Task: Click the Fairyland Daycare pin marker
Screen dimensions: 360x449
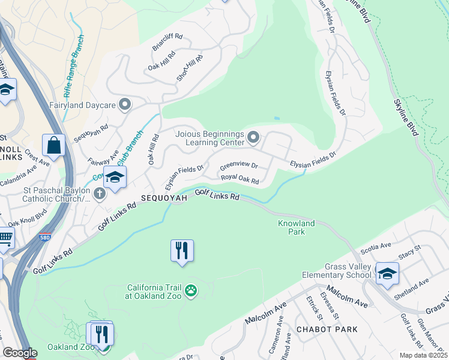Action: (x=125, y=106)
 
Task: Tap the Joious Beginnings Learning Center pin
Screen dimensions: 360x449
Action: (x=253, y=139)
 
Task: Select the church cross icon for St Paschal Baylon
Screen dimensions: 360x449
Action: (x=100, y=193)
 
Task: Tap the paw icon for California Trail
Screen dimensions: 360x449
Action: (x=191, y=291)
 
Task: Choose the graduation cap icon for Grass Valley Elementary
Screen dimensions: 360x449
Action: (x=387, y=274)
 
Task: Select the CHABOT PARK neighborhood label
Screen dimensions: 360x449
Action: (x=327, y=329)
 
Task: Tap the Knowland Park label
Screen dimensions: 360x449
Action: (x=296, y=227)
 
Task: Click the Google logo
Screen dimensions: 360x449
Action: (x=20, y=353)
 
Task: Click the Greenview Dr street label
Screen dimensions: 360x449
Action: (x=238, y=166)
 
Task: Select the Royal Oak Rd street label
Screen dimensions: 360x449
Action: (x=240, y=179)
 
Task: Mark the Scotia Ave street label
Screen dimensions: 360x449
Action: (x=375, y=249)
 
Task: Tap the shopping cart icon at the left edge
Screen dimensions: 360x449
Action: (x=5, y=238)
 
